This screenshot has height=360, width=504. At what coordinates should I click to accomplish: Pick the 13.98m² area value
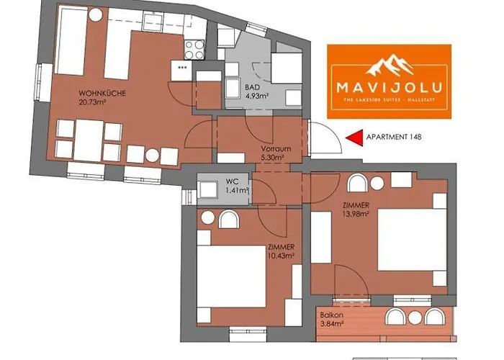356,213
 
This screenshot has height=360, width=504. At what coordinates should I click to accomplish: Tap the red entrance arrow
352,137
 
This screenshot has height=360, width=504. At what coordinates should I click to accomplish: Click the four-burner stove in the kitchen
194,48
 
